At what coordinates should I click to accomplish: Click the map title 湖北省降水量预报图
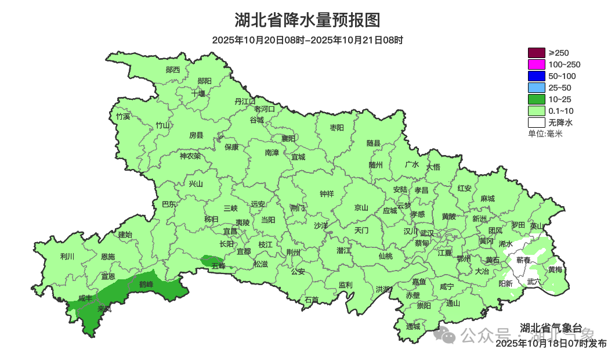point(307,20)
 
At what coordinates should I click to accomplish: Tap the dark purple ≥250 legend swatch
point(537,53)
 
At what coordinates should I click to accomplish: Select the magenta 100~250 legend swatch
point(537,64)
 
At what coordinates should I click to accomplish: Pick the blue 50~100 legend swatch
point(537,76)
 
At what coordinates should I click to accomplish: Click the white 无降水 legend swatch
point(537,123)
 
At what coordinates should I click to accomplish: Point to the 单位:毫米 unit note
point(545,134)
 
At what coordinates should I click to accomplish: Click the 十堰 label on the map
point(199,93)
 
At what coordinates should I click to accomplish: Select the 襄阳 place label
point(288,138)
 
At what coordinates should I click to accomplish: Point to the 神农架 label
point(190,156)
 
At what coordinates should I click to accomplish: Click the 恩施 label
point(108,257)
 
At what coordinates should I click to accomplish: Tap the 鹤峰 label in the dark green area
point(146,284)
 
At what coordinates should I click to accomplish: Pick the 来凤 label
point(105,308)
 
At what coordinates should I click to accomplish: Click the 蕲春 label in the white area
point(523,260)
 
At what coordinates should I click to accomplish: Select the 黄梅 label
point(555,269)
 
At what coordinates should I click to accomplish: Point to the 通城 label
point(413,326)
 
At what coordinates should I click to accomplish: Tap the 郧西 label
point(173,70)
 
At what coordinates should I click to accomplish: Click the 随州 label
point(376,164)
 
